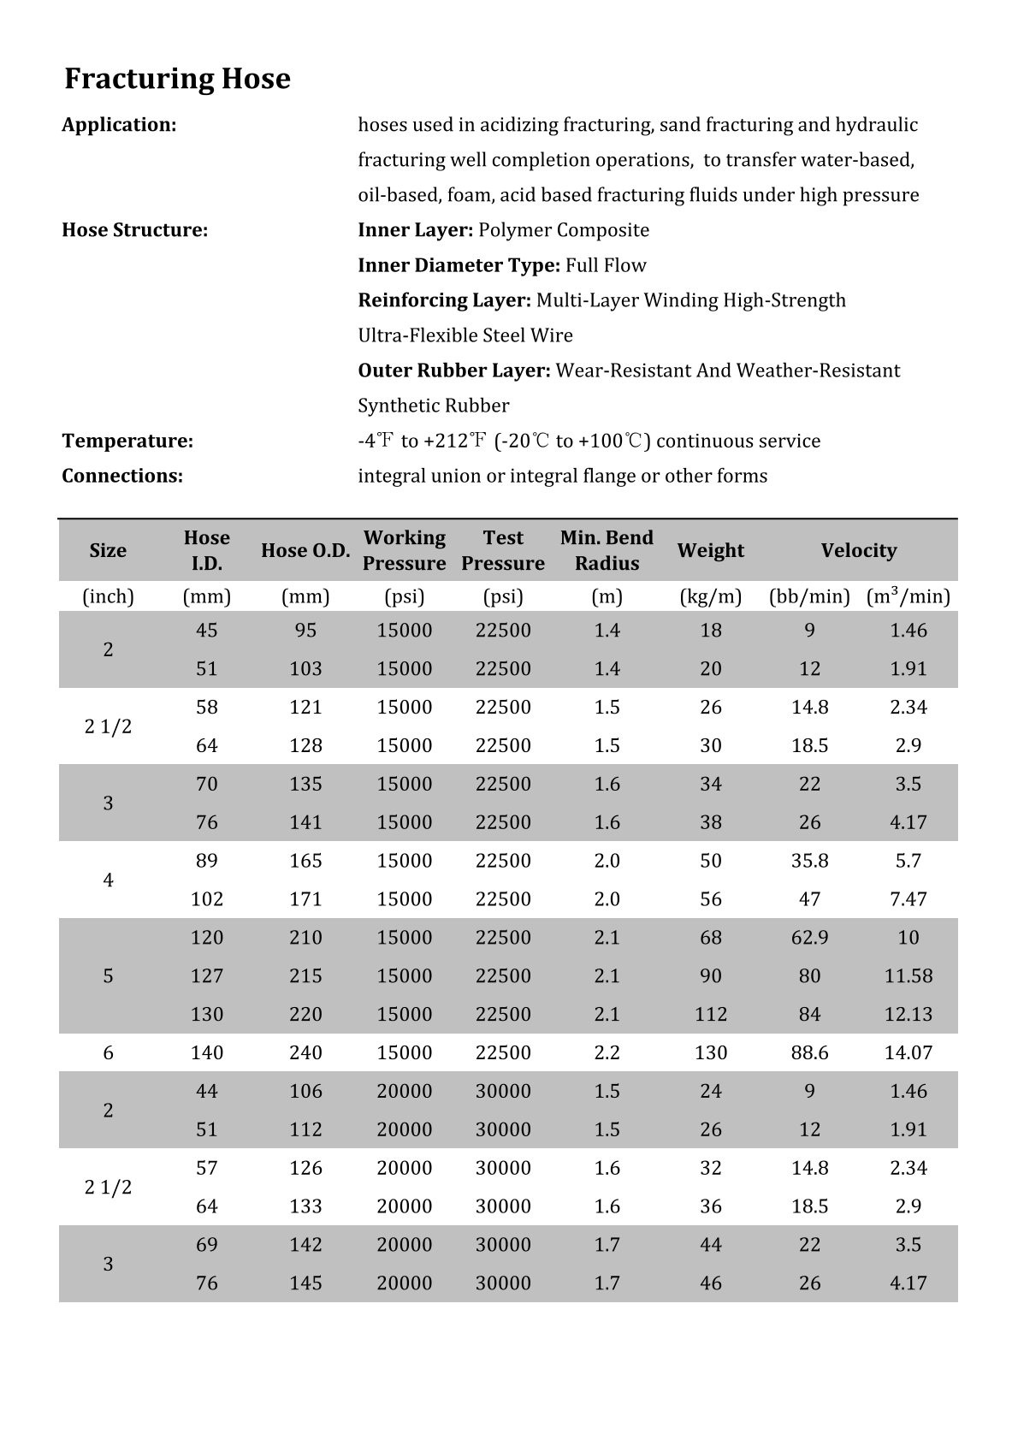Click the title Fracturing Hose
click(x=177, y=79)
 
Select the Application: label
click(x=119, y=125)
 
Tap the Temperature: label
click(x=127, y=441)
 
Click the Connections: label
click(x=122, y=477)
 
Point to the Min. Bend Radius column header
click(x=607, y=550)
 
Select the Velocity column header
click(x=858, y=550)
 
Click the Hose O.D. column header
click(x=305, y=550)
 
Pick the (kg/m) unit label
click(x=710, y=596)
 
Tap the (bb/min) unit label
click(x=809, y=596)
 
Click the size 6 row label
click(x=108, y=1052)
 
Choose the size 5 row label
click(x=108, y=975)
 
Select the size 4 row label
click(x=108, y=880)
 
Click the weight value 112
click(x=710, y=1014)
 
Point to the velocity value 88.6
click(x=809, y=1052)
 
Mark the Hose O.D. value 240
click(x=305, y=1052)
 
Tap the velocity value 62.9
click(x=809, y=937)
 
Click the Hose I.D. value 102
click(x=206, y=898)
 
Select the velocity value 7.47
click(x=908, y=898)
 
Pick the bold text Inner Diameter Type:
click(x=459, y=265)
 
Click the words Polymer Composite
click(x=563, y=230)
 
